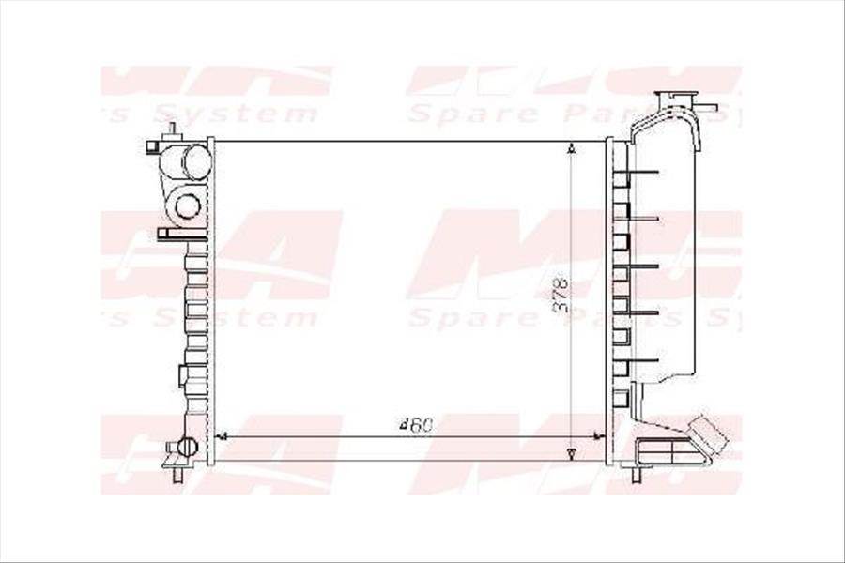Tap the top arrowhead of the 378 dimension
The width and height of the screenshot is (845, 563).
(x=572, y=148)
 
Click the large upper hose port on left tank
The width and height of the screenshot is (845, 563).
(x=195, y=161)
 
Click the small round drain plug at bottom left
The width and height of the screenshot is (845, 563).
(x=187, y=447)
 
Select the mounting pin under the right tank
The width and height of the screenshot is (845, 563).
(x=636, y=474)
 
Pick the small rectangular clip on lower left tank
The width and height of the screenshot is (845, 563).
(x=182, y=375)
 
